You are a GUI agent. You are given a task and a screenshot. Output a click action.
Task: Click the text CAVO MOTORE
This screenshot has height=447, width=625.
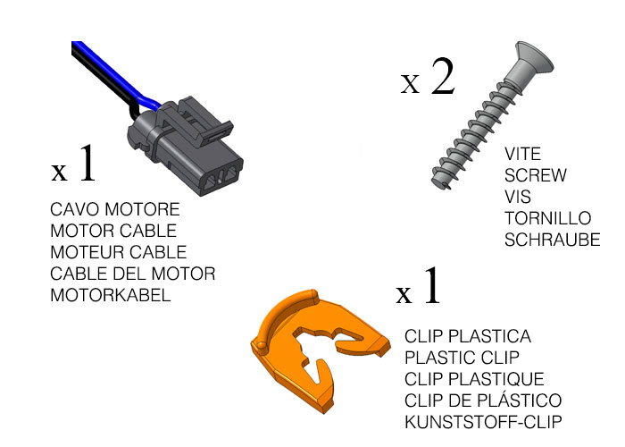click(115, 209)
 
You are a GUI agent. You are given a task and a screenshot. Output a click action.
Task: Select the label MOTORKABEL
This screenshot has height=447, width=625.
click(111, 295)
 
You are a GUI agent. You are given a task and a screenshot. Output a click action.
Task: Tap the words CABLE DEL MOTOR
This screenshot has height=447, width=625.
click(133, 274)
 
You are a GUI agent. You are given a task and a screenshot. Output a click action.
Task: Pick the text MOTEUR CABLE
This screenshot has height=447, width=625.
click(119, 252)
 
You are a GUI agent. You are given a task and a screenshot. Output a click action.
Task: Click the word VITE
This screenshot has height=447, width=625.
click(522, 154)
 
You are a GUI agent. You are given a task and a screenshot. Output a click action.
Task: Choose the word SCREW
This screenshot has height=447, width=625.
click(536, 175)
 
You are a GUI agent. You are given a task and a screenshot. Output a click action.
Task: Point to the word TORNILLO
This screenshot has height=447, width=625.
click(547, 218)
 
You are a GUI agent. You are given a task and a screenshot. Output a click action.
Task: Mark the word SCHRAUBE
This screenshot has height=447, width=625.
click(552, 240)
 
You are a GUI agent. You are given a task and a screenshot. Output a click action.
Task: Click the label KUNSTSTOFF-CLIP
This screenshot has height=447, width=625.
click(483, 422)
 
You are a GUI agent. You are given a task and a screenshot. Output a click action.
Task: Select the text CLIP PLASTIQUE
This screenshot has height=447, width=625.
click(474, 379)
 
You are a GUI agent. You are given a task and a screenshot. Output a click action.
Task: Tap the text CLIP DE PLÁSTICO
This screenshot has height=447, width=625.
click(483, 400)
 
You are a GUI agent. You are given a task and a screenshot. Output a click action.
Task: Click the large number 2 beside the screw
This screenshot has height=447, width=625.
click(443, 76)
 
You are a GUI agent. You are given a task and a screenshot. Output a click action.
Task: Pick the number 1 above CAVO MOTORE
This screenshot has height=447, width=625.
click(87, 163)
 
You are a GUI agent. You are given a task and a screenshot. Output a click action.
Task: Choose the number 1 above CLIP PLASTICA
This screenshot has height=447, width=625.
click(432, 285)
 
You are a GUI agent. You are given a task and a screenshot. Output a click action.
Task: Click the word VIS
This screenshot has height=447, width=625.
click(517, 198)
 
